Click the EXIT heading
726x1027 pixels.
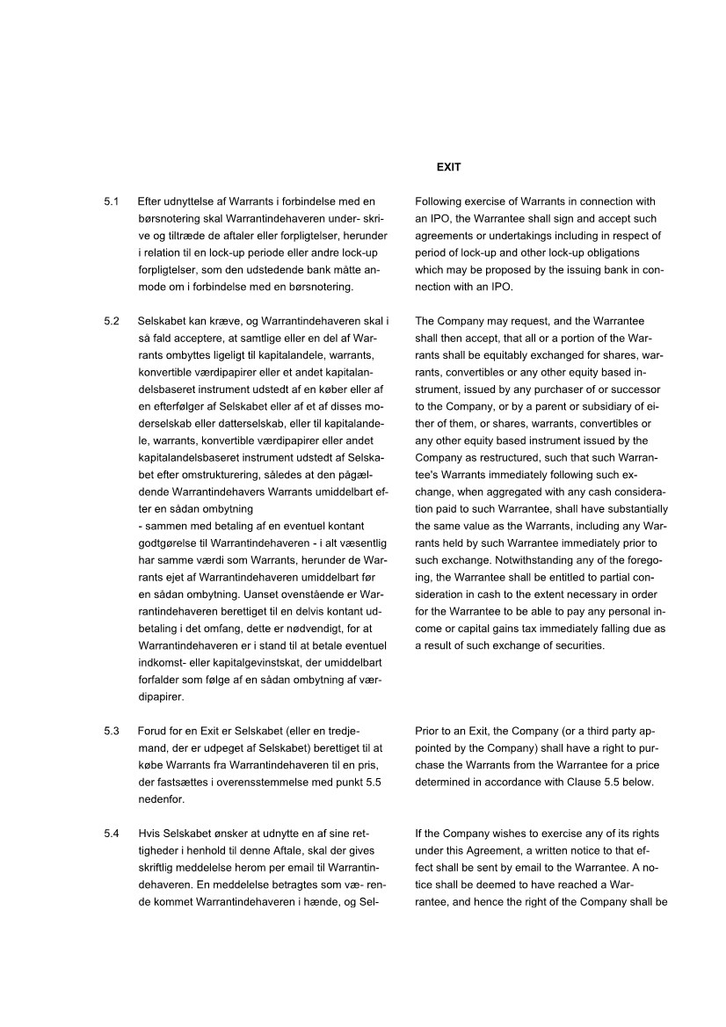click(x=448, y=167)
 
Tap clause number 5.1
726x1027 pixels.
click(x=111, y=202)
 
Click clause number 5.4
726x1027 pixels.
click(x=111, y=834)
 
